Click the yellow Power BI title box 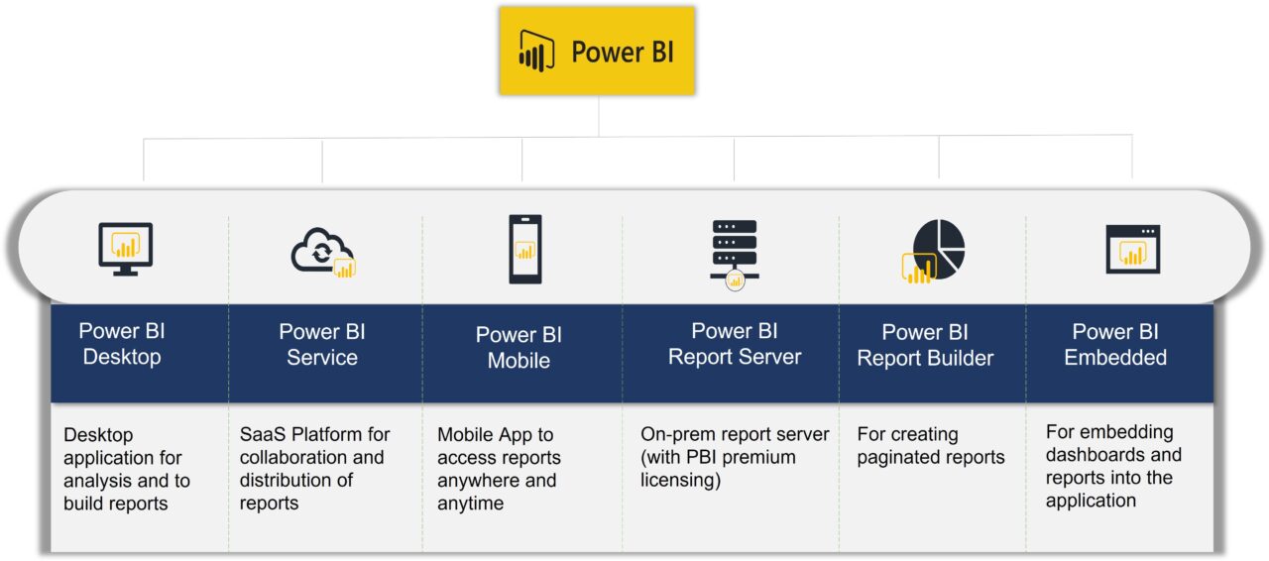(x=597, y=51)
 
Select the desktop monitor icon (x=126, y=248)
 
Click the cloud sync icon (x=322, y=252)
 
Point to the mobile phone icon (x=524, y=249)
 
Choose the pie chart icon (x=934, y=250)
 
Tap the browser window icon (x=1132, y=249)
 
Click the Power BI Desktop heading (x=122, y=344)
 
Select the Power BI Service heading (x=322, y=344)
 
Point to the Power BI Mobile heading (x=519, y=348)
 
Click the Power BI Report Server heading (x=735, y=344)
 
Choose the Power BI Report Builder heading (x=925, y=345)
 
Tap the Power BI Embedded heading (x=1115, y=344)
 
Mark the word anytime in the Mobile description (x=470, y=505)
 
